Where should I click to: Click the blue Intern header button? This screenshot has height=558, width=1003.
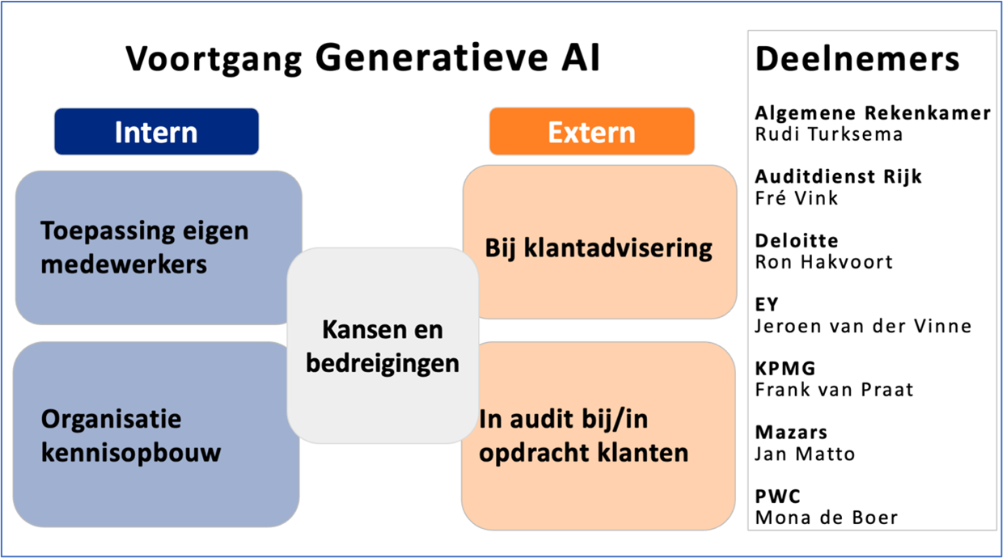coord(156,132)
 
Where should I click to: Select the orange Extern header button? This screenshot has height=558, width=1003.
coord(591,132)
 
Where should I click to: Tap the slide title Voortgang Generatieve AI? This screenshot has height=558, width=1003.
coord(363,60)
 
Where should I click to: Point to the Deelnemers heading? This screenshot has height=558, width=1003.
coord(857,59)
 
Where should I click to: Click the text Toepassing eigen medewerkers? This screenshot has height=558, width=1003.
coord(145,247)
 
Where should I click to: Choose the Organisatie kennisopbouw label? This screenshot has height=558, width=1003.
coord(131,435)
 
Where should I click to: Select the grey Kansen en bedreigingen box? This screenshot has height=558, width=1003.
coord(383,346)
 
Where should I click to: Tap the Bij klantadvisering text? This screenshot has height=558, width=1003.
coord(599,247)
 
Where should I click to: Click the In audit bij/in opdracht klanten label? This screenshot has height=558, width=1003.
coord(583,436)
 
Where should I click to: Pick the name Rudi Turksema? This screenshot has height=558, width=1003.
coord(828,134)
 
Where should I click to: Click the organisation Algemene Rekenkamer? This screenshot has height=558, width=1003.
coord(873,113)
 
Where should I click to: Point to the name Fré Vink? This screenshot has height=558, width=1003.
coord(797,197)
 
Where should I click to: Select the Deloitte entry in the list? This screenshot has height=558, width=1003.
coord(797,241)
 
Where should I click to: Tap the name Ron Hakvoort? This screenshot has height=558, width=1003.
coord(823,261)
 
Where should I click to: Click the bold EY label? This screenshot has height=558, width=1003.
coord(767,305)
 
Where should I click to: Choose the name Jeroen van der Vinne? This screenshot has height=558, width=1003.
coord(863,326)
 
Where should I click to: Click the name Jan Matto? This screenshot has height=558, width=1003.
coord(805,454)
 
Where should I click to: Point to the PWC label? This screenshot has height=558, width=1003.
coord(778,497)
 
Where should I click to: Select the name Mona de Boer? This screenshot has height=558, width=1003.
coord(827,518)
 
